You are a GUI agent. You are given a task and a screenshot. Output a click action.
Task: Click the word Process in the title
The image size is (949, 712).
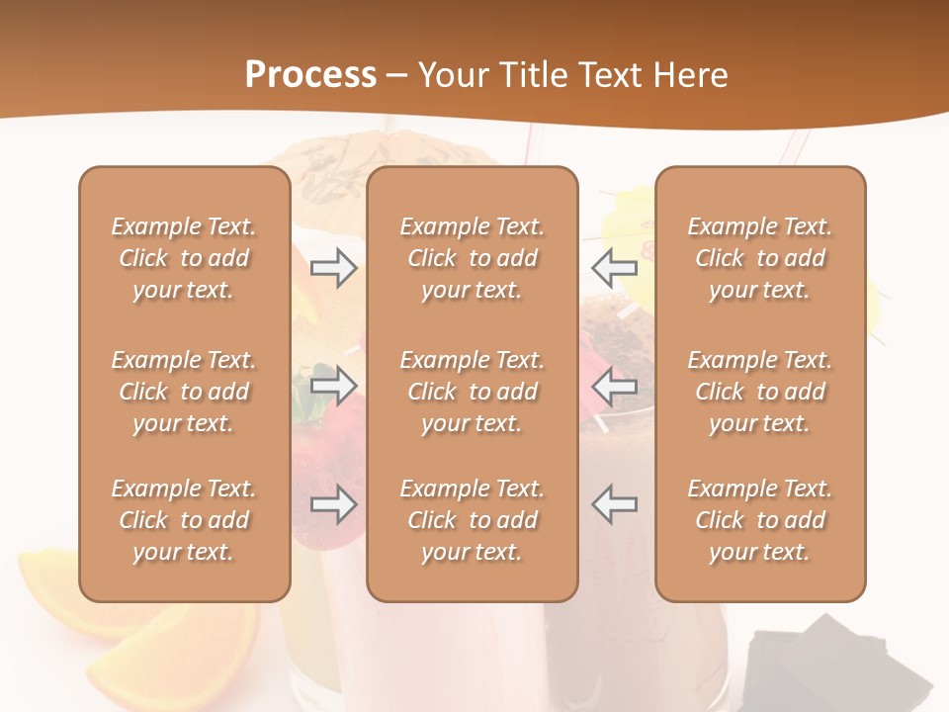[x=310, y=75]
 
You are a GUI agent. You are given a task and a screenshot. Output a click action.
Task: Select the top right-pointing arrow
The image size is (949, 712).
[x=333, y=267]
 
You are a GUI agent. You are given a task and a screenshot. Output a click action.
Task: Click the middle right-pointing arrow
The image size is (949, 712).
[x=333, y=385]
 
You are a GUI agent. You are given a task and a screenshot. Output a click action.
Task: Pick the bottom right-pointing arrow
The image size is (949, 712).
[x=333, y=504]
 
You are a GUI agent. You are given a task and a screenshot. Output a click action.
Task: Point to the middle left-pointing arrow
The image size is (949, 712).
[x=614, y=385]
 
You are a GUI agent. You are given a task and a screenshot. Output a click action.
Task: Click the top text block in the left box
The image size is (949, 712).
[x=184, y=258]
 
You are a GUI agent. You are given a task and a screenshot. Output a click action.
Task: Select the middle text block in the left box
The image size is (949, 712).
[x=184, y=392]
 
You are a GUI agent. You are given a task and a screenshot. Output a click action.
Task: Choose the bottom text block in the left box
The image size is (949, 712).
[x=184, y=520]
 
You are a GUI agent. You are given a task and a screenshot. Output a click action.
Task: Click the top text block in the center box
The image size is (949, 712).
[x=473, y=258]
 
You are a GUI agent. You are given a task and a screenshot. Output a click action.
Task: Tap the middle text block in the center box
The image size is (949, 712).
[x=473, y=392]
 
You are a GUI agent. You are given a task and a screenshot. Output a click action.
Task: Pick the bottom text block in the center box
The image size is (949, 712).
[x=473, y=520]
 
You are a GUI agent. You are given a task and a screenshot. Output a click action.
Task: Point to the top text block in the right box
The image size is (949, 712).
[x=760, y=258]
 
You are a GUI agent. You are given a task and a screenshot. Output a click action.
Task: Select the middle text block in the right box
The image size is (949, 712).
[x=760, y=392]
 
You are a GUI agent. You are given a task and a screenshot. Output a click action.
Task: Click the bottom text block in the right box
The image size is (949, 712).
[x=760, y=520]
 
